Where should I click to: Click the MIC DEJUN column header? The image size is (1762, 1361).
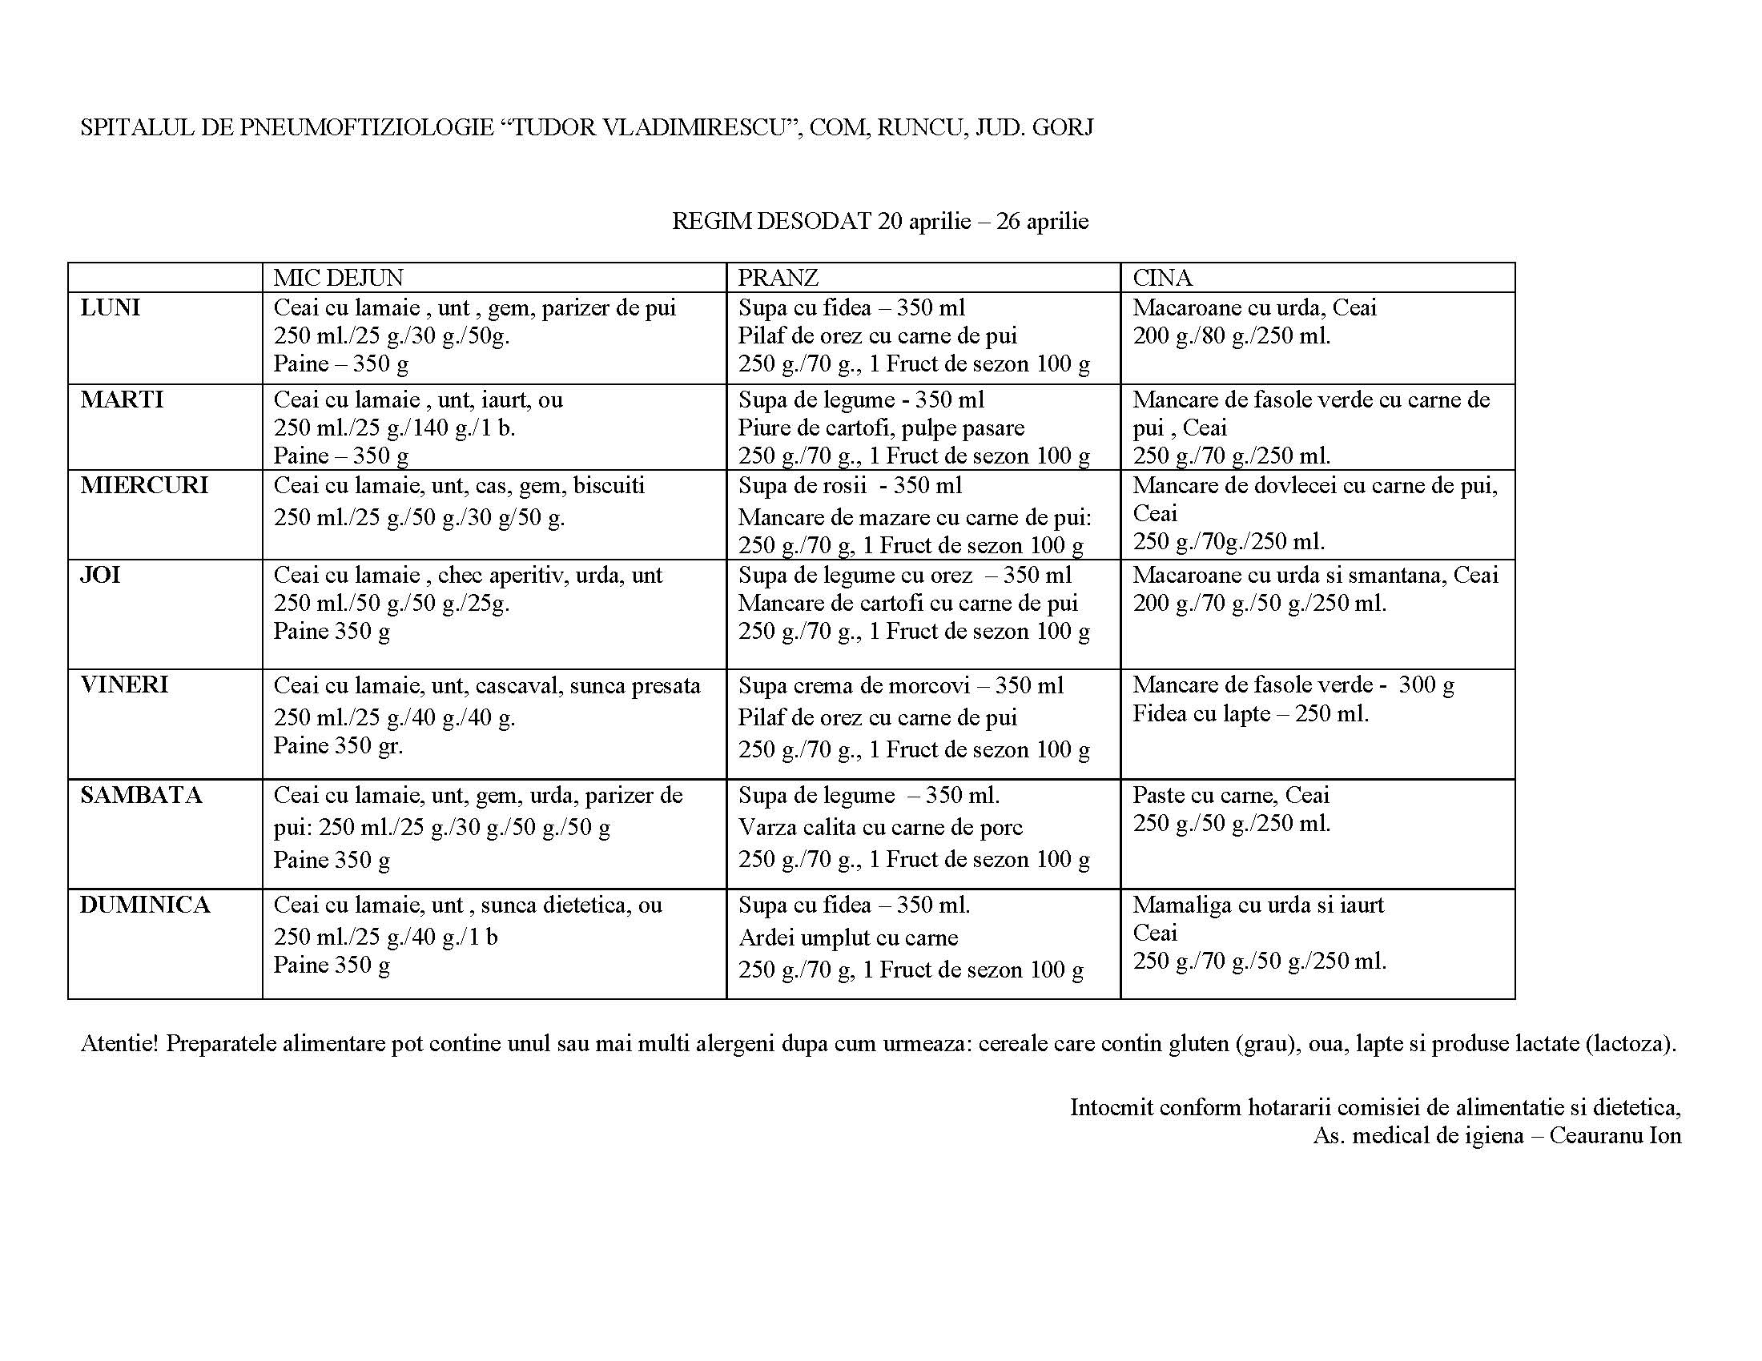click(x=337, y=277)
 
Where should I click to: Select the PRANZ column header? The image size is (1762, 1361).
click(x=778, y=277)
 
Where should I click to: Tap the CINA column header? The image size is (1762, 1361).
click(x=1162, y=277)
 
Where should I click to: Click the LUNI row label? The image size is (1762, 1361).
click(x=111, y=307)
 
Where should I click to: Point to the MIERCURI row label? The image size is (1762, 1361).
click(x=144, y=485)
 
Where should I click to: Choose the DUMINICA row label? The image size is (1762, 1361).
click(x=145, y=905)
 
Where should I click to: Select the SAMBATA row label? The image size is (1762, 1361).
click(x=141, y=795)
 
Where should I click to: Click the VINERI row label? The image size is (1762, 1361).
click(x=125, y=685)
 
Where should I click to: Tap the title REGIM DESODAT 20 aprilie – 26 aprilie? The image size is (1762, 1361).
click(x=880, y=221)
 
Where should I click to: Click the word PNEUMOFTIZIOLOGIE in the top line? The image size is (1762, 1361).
click(x=366, y=127)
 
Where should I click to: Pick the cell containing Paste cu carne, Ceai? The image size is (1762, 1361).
click(x=1317, y=833)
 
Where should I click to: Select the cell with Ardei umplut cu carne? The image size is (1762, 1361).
click(x=923, y=942)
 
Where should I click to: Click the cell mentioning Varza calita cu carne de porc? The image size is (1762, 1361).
click(x=923, y=833)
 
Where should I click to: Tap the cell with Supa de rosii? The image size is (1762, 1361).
click(x=923, y=515)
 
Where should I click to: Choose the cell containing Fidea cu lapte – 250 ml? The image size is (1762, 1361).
click(x=1317, y=723)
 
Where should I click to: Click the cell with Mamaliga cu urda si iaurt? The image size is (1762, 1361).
click(x=1317, y=942)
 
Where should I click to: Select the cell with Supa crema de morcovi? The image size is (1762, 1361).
click(x=923, y=723)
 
